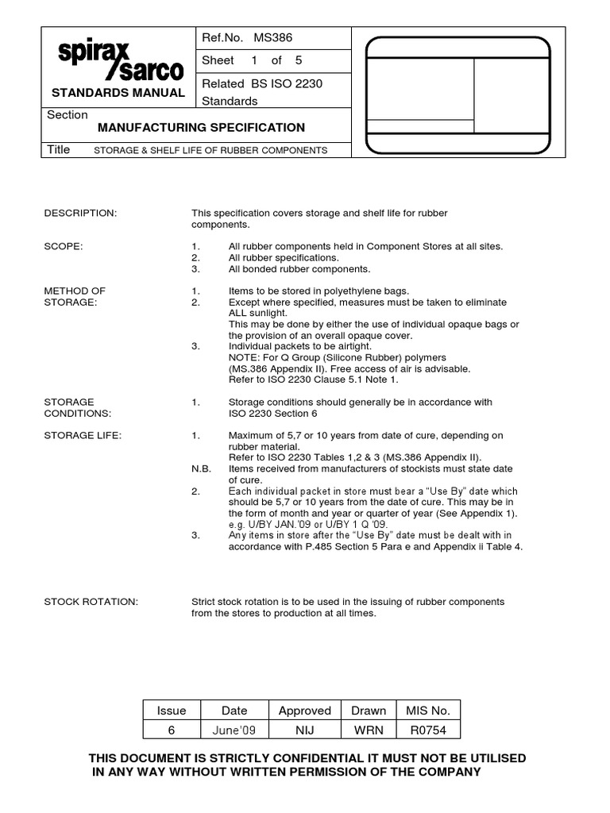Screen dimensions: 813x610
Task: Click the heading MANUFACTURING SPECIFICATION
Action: [201, 127]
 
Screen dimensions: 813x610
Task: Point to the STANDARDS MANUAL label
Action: [118, 93]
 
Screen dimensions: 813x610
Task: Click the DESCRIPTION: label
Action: [80, 214]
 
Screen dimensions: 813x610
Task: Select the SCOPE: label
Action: [64, 247]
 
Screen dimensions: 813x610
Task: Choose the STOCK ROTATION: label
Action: [91, 603]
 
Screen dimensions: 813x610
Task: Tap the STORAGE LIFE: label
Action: [83, 436]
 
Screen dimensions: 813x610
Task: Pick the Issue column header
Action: [172, 711]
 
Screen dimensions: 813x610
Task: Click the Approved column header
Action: [304, 711]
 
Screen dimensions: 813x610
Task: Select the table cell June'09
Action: [234, 730]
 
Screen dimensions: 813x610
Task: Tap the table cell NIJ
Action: [304, 730]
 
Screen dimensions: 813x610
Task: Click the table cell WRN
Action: [369, 730]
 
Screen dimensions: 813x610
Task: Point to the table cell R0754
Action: [428, 730]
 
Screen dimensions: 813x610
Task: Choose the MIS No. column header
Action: [428, 711]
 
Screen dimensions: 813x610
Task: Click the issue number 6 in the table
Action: [172, 730]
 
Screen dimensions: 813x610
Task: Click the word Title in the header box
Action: [59, 149]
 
